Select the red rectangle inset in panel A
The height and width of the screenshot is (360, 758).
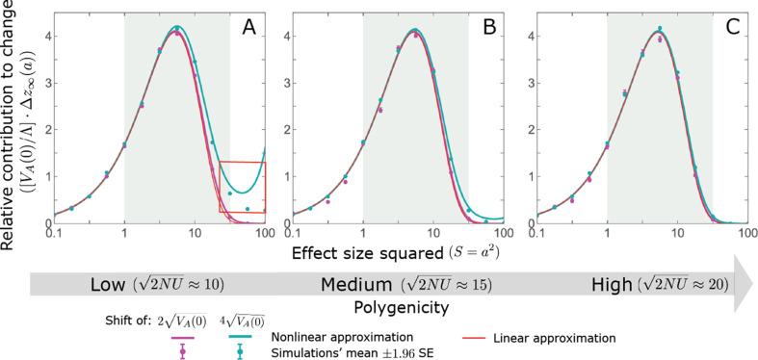point(242,186)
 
